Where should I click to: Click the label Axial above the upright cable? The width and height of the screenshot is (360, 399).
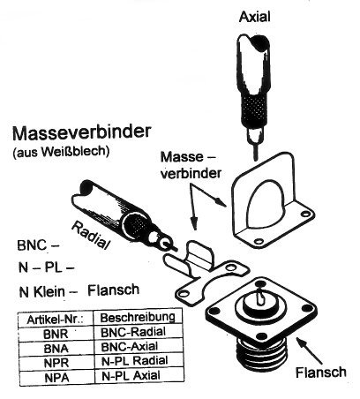[x=254, y=17]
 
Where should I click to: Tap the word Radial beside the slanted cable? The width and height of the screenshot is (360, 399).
[x=91, y=236]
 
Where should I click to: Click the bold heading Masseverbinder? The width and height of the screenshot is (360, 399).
[x=82, y=132]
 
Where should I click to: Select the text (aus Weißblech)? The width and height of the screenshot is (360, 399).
[x=61, y=151]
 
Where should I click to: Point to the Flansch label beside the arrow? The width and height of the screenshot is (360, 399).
[x=321, y=373]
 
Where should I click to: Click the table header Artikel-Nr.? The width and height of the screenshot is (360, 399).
[x=56, y=320]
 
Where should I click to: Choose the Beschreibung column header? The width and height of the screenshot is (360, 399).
[x=138, y=317]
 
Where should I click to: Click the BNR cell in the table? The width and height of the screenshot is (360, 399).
[x=56, y=334]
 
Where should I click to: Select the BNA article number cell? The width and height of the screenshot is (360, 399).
[x=56, y=349]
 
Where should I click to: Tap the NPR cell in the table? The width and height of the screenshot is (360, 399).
[x=56, y=363]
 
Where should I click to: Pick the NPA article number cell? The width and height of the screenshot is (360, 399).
[x=56, y=378]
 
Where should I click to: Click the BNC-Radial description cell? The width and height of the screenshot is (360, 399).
[x=133, y=332]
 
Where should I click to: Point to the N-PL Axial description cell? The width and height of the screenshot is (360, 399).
[x=131, y=376]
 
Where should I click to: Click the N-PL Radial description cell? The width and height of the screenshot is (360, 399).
[x=135, y=361]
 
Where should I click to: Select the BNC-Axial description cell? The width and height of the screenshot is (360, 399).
[x=130, y=346]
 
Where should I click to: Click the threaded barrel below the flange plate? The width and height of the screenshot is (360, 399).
[x=261, y=353]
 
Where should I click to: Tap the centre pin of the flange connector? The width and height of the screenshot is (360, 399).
[x=260, y=297]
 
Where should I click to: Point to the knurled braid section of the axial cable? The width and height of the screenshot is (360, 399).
[x=255, y=109]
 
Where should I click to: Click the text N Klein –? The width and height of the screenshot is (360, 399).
[x=48, y=291]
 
